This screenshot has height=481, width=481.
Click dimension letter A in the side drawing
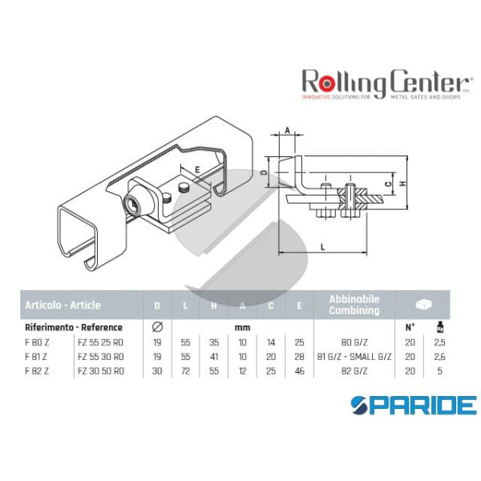click(x=288, y=131)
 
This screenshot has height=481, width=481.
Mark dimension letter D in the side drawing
click(x=265, y=172)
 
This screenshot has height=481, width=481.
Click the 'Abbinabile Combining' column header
click(x=354, y=305)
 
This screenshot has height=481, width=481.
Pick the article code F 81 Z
click(x=34, y=354)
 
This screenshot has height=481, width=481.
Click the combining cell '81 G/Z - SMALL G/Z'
click(x=354, y=354)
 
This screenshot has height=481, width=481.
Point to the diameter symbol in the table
click(x=156, y=327)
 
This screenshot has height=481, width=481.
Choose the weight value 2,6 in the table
click(x=439, y=354)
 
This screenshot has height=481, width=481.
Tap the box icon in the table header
click(x=426, y=305)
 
